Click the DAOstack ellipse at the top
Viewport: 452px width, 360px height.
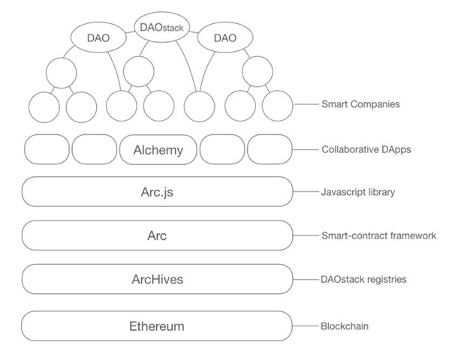pyautogui.click(x=162, y=27)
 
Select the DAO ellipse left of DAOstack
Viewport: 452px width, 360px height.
pyautogui.click(x=98, y=37)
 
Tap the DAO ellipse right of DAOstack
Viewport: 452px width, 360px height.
pyautogui.click(x=225, y=37)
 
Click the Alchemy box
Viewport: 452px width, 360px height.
pyautogui.click(x=158, y=150)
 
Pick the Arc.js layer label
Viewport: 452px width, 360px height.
pyautogui.click(x=157, y=192)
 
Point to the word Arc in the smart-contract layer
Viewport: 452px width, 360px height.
pyautogui.click(x=157, y=235)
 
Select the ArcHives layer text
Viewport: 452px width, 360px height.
pyautogui.click(x=158, y=279)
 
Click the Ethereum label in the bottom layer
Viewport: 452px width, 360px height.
pyautogui.click(x=157, y=326)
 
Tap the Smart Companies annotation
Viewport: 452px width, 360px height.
pyautogui.click(x=360, y=104)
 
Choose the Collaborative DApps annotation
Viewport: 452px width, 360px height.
pyautogui.click(x=366, y=149)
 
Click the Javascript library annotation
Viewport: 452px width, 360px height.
pyautogui.click(x=358, y=192)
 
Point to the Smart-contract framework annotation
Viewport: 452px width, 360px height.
pyautogui.click(x=378, y=235)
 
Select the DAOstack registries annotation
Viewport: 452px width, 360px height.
pyautogui.click(x=364, y=279)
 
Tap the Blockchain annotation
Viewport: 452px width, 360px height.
pyautogui.click(x=345, y=326)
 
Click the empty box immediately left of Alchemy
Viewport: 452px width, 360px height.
pyautogui.click(x=95, y=149)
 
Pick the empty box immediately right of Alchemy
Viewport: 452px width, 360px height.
pyautogui.click(x=222, y=149)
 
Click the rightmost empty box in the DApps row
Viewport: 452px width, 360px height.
pyautogui.click(x=270, y=149)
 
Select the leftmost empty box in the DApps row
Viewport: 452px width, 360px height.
pyautogui.click(x=47, y=149)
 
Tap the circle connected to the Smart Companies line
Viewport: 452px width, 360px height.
pyautogui.click(x=278, y=106)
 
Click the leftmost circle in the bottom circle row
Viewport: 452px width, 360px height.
pyautogui.click(x=44, y=107)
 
